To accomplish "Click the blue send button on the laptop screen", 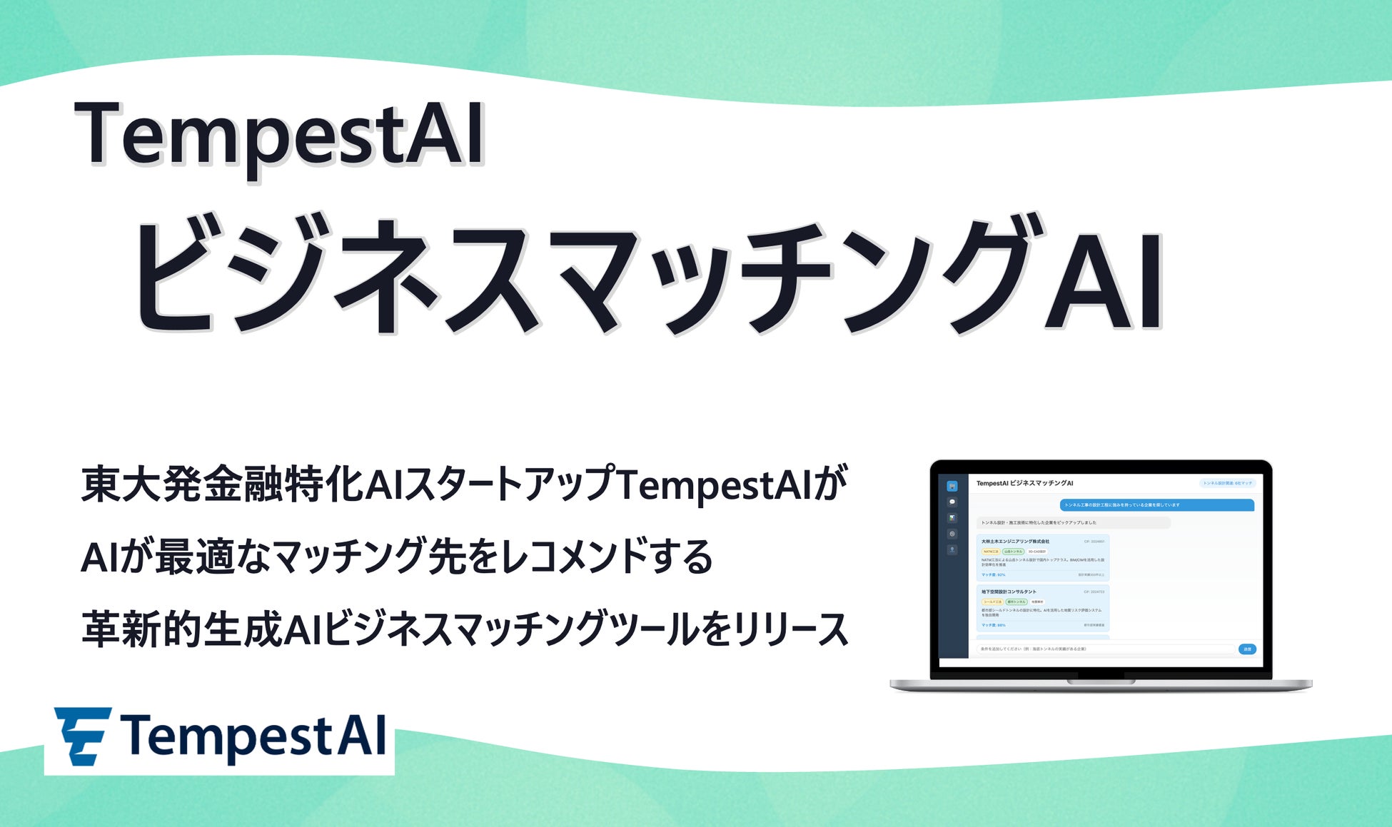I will point(1247,649).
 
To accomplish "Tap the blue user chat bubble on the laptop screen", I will point(1156,505).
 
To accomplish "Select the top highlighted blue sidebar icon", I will point(952,487).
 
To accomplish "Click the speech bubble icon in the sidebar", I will point(952,502).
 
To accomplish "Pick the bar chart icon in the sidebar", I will point(952,518).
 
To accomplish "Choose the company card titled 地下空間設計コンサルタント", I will point(1042,608).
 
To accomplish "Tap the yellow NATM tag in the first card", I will point(991,552).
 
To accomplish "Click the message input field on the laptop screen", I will point(1105,649).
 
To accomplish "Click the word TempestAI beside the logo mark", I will point(253,736).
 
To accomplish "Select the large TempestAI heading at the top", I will point(278,136).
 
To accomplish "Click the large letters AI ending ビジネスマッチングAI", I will point(1103,282).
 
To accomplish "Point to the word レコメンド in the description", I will point(571,557).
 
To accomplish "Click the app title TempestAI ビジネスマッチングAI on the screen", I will point(1024,483).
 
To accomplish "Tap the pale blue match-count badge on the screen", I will point(1227,483).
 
